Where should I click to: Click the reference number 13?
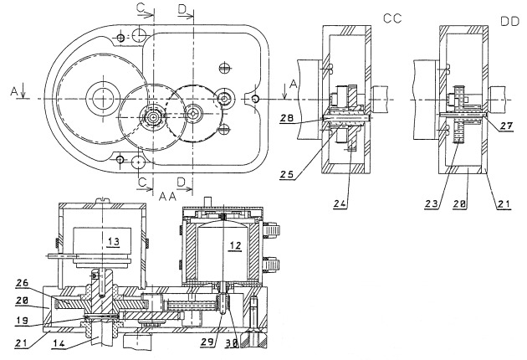pyautogui.click(x=114, y=242)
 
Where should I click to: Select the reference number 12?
pyautogui.click(x=235, y=246)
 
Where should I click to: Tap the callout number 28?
pyautogui.click(x=288, y=118)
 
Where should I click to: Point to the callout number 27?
pyautogui.click(x=506, y=126)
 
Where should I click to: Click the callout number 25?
pyautogui.click(x=287, y=174)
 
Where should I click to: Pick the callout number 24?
pyautogui.click(x=341, y=203)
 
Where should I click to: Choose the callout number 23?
pyautogui.click(x=432, y=203)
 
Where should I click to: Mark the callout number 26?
pyautogui.click(x=23, y=283)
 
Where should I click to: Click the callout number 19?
pyautogui.click(x=23, y=321)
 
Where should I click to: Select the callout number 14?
pyautogui.click(x=60, y=343)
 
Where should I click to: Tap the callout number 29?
pyautogui.click(x=208, y=342)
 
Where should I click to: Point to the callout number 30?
pyautogui.click(x=231, y=343)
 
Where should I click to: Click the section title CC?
pyautogui.click(x=392, y=18)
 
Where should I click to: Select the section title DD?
pyautogui.click(x=510, y=22)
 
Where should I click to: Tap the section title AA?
pyautogui.click(x=167, y=196)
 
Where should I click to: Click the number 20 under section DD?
pyautogui.click(x=459, y=204)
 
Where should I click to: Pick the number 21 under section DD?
pyautogui.click(x=503, y=204)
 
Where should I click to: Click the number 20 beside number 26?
pyautogui.click(x=23, y=301)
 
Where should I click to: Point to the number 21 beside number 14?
pyautogui.click(x=22, y=343)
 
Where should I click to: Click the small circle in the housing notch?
pyautogui.click(x=256, y=99)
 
